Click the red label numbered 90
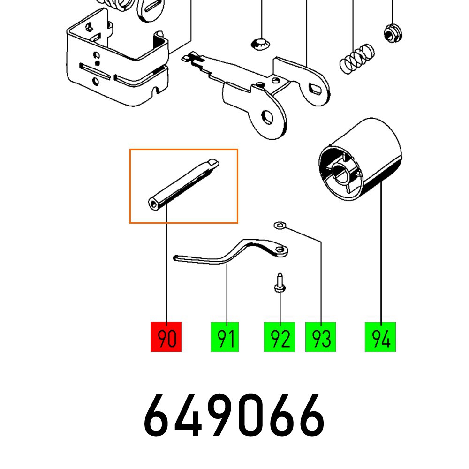(166, 337)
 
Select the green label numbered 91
(225, 337)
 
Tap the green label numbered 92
(280, 337)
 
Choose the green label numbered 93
(321, 337)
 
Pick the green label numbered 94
(380, 337)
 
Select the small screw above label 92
(279, 284)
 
